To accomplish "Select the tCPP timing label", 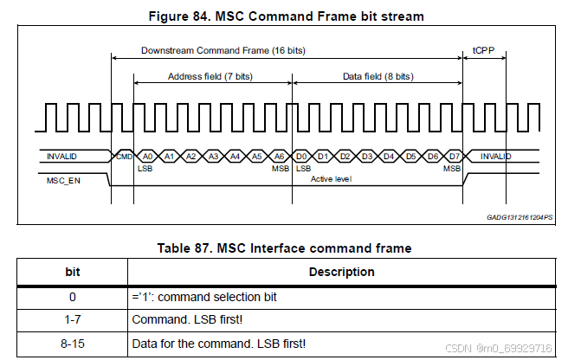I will [484, 51].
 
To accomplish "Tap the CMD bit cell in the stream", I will [123, 156].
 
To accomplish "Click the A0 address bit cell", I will [147, 156].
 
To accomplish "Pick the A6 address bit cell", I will [280, 156].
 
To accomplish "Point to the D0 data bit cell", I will [302, 156].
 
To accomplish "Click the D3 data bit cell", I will [367, 156].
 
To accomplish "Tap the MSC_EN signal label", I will [63, 181].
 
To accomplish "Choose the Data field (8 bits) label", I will [378, 77].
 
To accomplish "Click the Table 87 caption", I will [284, 248].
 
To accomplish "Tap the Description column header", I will [341, 272].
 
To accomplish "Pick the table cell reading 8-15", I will [73, 344].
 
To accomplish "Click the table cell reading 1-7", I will [73, 320].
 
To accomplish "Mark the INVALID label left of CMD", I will [64, 156].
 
